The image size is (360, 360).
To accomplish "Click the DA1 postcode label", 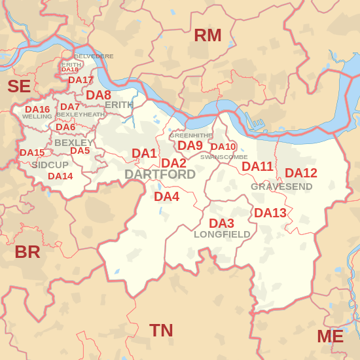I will click(145, 153).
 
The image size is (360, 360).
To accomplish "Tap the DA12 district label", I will click(301, 173).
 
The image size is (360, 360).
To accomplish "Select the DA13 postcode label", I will click(270, 213).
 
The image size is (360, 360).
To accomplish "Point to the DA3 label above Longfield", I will click(221, 223).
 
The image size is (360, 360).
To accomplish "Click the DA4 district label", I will click(167, 196).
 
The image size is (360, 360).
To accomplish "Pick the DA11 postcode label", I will click(257, 166).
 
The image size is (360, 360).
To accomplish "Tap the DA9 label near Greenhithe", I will click(190, 145).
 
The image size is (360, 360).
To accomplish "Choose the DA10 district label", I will click(223, 147).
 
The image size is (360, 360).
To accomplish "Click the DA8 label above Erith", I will click(99, 94).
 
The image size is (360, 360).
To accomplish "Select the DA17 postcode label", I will click(81, 80).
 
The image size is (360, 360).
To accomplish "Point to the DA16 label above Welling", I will click(37, 109).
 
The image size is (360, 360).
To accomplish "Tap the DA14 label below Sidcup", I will click(60, 176).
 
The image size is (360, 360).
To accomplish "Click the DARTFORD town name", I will click(160, 174).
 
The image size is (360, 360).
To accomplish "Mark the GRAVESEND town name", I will click(281, 187).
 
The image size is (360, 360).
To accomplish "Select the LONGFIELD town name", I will click(222, 234).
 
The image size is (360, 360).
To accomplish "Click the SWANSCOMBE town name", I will click(224, 157).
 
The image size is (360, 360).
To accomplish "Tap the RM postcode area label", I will click(207, 35).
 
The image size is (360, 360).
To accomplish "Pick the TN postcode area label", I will click(161, 331).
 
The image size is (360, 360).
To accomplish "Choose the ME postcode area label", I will click(330, 336).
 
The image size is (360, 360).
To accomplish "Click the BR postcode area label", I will click(27, 252).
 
